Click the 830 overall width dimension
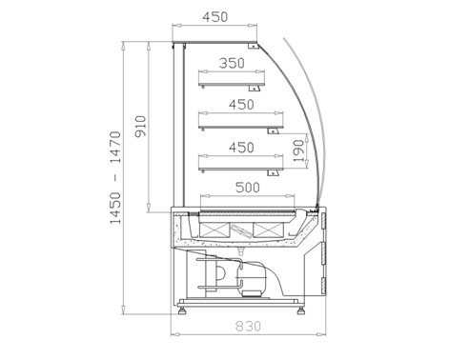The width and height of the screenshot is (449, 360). tap(248, 326)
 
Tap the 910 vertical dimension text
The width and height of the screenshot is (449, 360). tap(141, 126)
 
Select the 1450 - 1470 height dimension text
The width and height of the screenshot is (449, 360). tap(115, 177)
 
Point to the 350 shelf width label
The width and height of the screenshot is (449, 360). tap(232, 63)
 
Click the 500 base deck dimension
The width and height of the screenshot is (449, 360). tap(248, 188)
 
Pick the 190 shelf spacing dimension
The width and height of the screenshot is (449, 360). tap(298, 150)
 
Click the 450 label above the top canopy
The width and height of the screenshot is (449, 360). tap(215, 17)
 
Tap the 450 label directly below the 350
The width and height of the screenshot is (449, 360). tap(241, 105)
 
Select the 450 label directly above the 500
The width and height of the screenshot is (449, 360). tap(241, 148)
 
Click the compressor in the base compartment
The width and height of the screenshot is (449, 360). tap(252, 279)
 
